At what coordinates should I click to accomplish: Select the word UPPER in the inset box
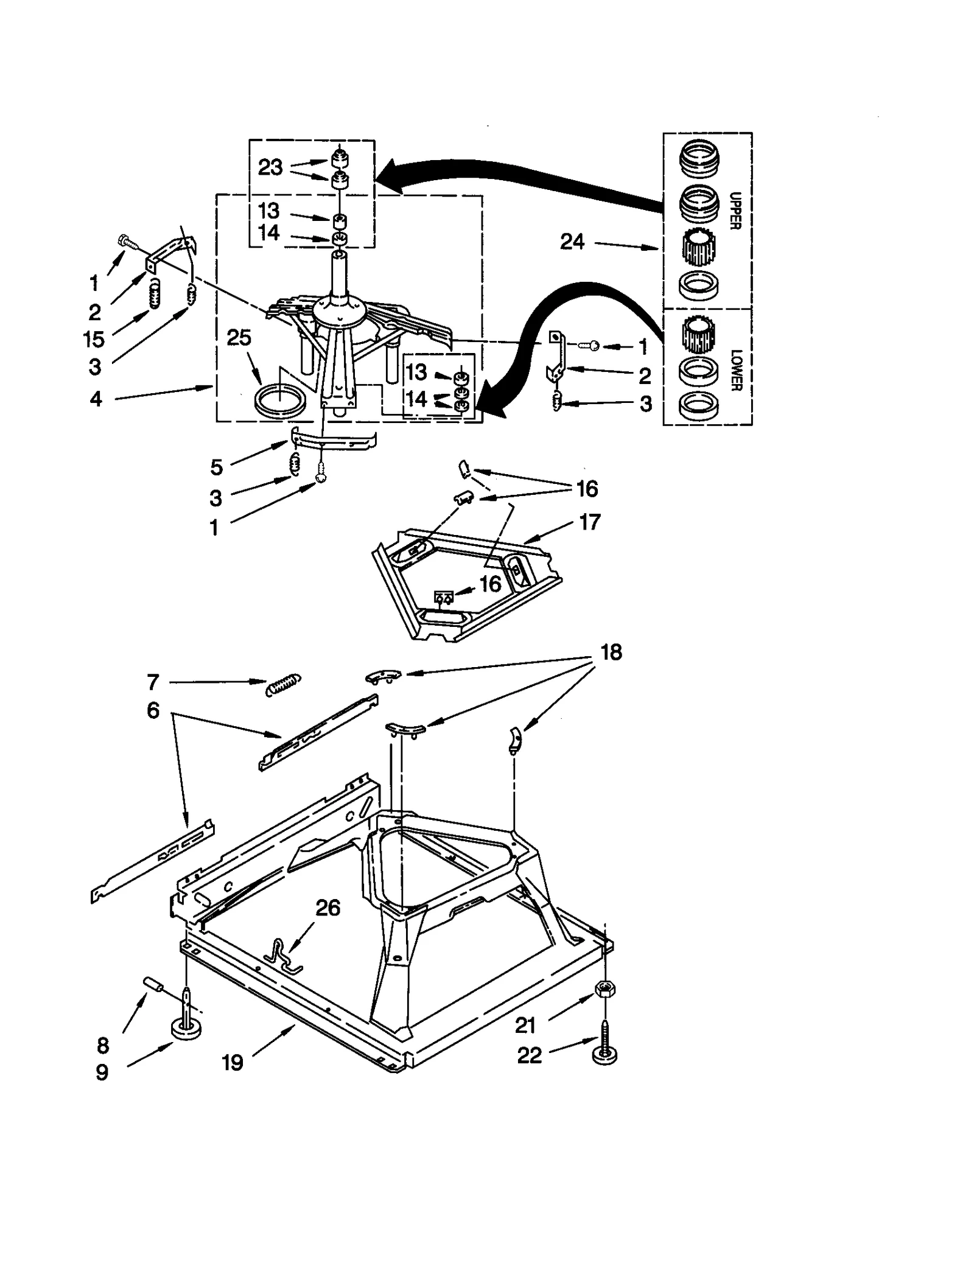pos(735,211)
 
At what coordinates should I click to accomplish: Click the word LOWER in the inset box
pos(735,370)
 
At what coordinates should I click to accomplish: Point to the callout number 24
pos(572,242)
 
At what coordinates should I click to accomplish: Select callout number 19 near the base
pos(233,1062)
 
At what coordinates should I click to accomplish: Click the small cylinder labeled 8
pos(152,984)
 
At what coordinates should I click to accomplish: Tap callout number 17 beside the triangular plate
pos(589,522)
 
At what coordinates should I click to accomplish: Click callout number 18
pos(611,652)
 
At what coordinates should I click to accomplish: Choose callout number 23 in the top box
pos(270,167)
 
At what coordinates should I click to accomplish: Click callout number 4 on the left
pos(96,399)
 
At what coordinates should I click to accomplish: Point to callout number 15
pos(94,339)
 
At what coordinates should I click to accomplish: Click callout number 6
pos(153,710)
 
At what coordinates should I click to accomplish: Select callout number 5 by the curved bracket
pos(216,467)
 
